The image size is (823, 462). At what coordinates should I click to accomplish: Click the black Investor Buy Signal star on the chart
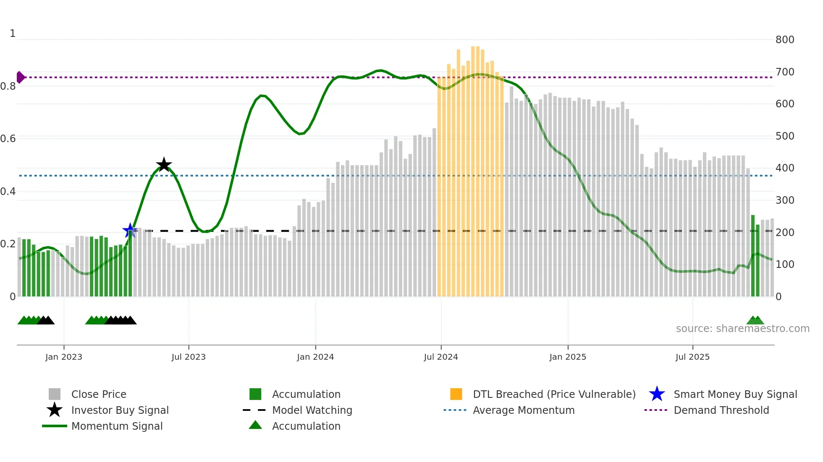click(164, 165)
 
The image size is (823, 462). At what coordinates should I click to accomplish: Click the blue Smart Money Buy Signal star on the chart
click(130, 230)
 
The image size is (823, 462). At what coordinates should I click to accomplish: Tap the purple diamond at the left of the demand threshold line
click(20, 77)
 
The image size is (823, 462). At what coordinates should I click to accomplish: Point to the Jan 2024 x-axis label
click(315, 357)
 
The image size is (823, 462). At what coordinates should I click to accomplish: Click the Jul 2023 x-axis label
click(189, 357)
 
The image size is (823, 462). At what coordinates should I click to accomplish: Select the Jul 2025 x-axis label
click(692, 357)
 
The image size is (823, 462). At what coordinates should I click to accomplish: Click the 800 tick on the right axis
click(785, 39)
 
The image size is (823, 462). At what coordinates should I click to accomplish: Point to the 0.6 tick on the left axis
click(8, 139)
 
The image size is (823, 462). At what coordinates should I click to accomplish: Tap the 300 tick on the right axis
click(785, 200)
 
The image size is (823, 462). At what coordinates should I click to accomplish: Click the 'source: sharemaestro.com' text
click(742, 328)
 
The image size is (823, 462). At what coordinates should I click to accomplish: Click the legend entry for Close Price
click(99, 394)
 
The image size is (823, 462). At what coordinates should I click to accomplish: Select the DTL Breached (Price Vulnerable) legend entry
click(554, 394)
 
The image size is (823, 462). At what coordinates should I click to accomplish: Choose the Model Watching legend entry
click(312, 410)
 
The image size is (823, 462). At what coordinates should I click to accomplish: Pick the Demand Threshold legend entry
click(721, 410)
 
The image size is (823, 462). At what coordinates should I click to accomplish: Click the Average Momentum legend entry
click(523, 410)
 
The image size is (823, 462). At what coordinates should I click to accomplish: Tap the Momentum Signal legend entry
click(117, 426)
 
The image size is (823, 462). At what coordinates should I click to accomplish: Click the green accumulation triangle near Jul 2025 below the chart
click(755, 320)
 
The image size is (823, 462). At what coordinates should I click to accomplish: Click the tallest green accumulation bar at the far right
click(753, 256)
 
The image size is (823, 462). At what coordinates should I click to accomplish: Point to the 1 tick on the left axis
click(13, 34)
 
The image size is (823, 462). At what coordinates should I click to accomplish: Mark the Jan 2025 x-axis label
click(568, 357)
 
